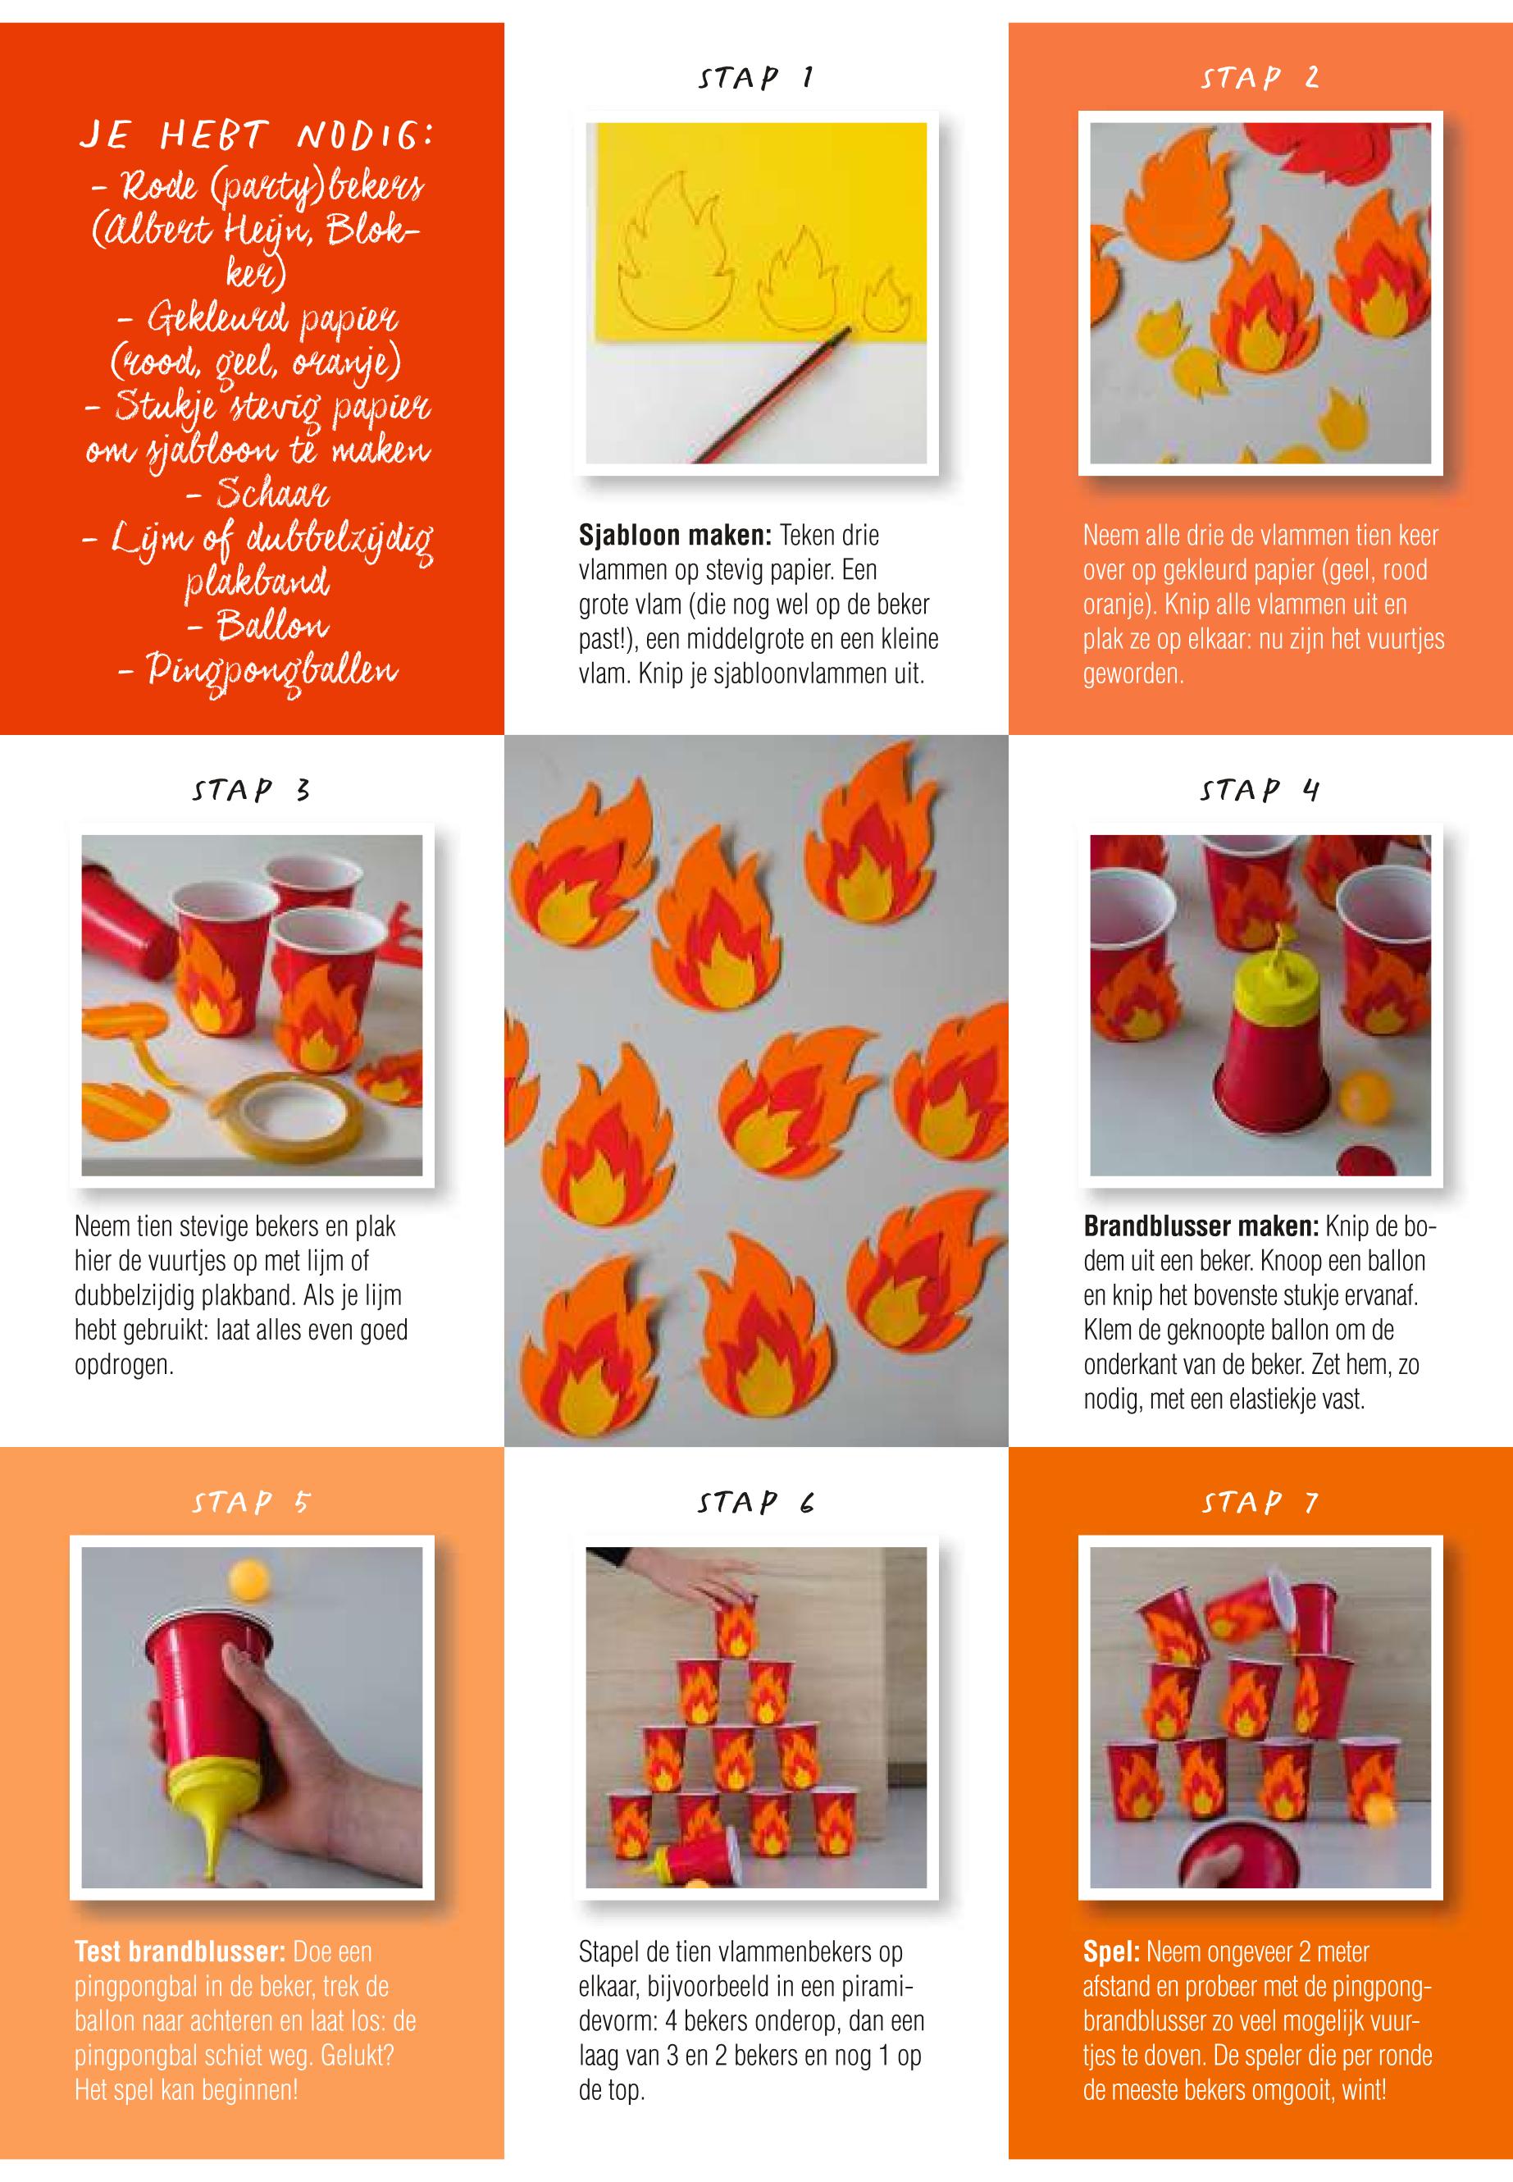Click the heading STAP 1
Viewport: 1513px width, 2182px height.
tap(755, 78)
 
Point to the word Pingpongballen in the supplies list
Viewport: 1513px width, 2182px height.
tap(257, 671)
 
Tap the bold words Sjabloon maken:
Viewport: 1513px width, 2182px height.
tap(676, 536)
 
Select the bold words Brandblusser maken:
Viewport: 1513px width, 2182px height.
tap(1201, 1227)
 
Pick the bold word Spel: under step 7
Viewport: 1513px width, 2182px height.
tap(1112, 1952)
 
